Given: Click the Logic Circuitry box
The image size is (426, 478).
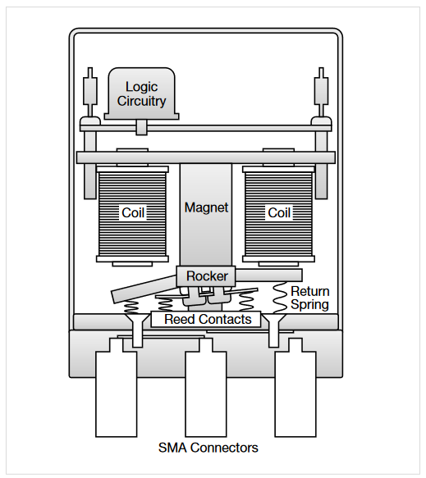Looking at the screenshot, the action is pyautogui.click(x=142, y=93).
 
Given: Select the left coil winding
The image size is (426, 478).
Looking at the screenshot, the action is pyautogui.click(x=132, y=214).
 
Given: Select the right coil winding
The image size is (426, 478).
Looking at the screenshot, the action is pyautogui.click(x=278, y=214).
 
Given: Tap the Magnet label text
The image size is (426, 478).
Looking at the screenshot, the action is pyautogui.click(x=206, y=207).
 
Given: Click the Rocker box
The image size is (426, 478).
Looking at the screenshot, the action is pyautogui.click(x=206, y=276).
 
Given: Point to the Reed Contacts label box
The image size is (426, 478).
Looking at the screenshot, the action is pyautogui.click(x=206, y=319).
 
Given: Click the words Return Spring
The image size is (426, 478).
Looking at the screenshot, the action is pyautogui.click(x=310, y=298).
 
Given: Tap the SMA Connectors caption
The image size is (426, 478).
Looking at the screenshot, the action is pyautogui.click(x=208, y=448).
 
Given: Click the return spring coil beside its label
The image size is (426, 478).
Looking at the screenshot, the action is pyautogui.click(x=280, y=298).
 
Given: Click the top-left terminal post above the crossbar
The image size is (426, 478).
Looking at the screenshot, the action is pyautogui.click(x=90, y=92).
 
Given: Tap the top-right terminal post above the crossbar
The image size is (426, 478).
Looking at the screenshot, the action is pyautogui.click(x=321, y=92).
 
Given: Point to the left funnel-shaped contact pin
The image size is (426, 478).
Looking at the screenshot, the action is pyautogui.click(x=137, y=330).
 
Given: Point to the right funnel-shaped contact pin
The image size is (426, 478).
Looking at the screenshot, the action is pyautogui.click(x=273, y=330).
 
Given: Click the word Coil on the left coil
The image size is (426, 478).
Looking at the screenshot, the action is pyautogui.click(x=133, y=212).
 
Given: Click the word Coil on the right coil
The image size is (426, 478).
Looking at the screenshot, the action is pyautogui.click(x=279, y=212).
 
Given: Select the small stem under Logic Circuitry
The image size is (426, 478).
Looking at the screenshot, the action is pyautogui.click(x=141, y=127).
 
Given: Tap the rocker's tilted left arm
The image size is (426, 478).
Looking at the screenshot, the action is pyautogui.click(x=144, y=289).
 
